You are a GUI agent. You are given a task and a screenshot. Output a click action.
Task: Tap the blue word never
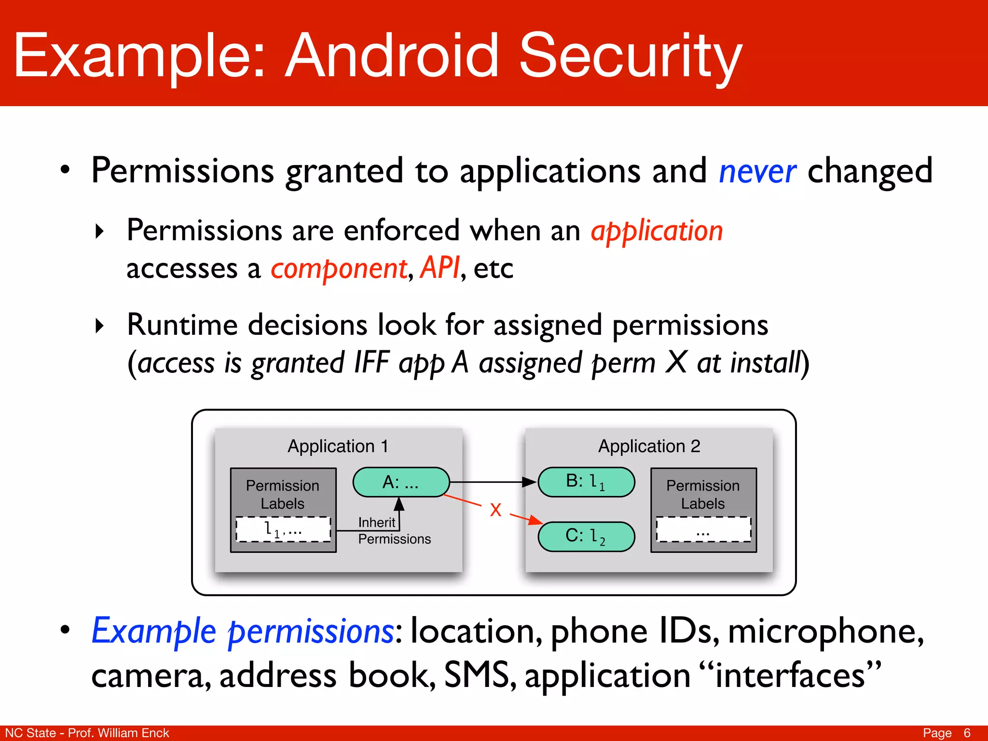point(757,171)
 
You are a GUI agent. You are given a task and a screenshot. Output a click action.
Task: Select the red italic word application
point(657,231)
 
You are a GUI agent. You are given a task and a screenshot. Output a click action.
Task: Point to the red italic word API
point(440,268)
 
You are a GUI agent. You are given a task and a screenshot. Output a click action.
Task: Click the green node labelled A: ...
point(401,482)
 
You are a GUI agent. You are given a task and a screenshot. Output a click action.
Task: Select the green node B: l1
point(586,482)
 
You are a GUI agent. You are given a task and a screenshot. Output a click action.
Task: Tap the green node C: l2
point(586,536)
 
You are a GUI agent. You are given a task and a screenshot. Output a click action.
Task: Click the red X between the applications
point(495,510)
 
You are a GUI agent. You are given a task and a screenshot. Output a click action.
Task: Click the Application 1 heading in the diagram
point(338,446)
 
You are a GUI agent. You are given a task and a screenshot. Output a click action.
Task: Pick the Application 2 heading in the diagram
point(649,446)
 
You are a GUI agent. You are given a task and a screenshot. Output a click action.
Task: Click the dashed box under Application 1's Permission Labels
point(283,529)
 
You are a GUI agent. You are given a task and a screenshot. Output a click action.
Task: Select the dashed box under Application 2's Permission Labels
point(703,529)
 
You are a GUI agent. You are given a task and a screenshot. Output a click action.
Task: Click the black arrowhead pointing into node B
point(530,482)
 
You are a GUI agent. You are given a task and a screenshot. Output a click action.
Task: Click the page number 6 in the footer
point(967,733)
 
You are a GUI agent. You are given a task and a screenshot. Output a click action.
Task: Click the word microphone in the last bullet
point(825,631)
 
